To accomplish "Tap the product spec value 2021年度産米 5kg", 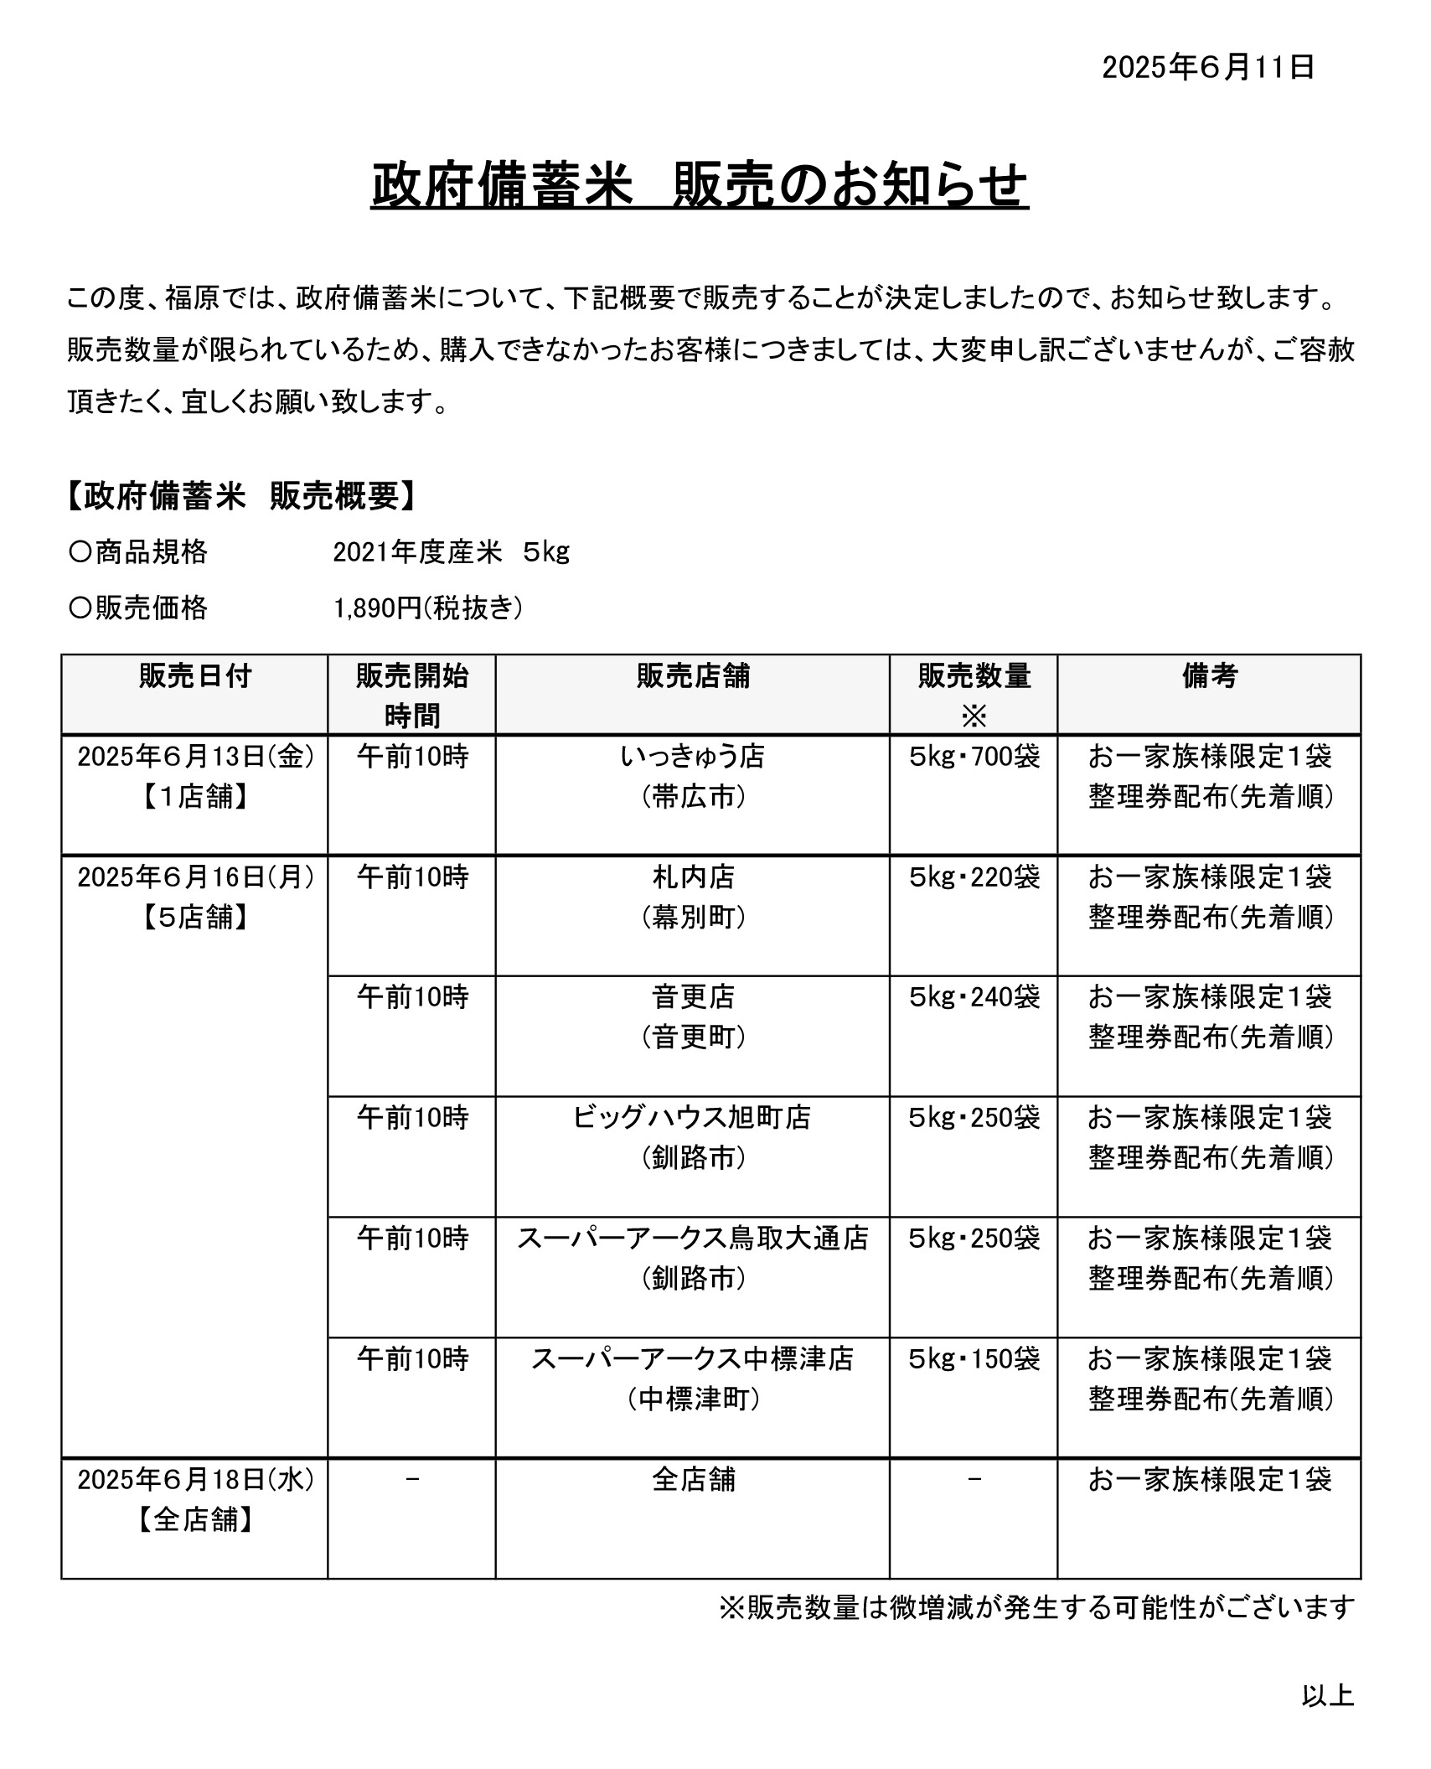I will point(451,552).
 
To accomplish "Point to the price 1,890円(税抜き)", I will point(428,608).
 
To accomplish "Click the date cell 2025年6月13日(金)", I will point(195,758).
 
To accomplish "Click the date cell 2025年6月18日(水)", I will point(195,1480).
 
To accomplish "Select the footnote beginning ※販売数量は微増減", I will point(1036,1607).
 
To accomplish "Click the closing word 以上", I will point(1328,1696).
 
